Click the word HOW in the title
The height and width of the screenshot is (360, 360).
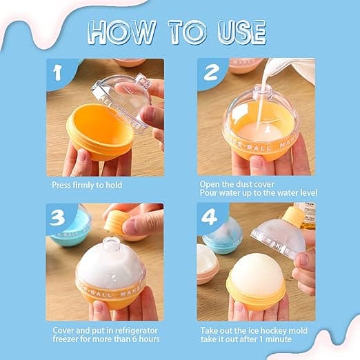(x=122, y=32)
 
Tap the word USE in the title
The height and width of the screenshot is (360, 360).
(x=242, y=32)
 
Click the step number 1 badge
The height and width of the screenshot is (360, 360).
(x=57, y=73)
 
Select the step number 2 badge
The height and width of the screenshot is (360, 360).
(x=212, y=72)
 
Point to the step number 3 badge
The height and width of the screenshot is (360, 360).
(x=57, y=218)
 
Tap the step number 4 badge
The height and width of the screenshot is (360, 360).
(x=209, y=217)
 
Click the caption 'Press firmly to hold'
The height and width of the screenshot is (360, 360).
(x=87, y=186)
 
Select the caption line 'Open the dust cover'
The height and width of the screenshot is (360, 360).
(x=237, y=184)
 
